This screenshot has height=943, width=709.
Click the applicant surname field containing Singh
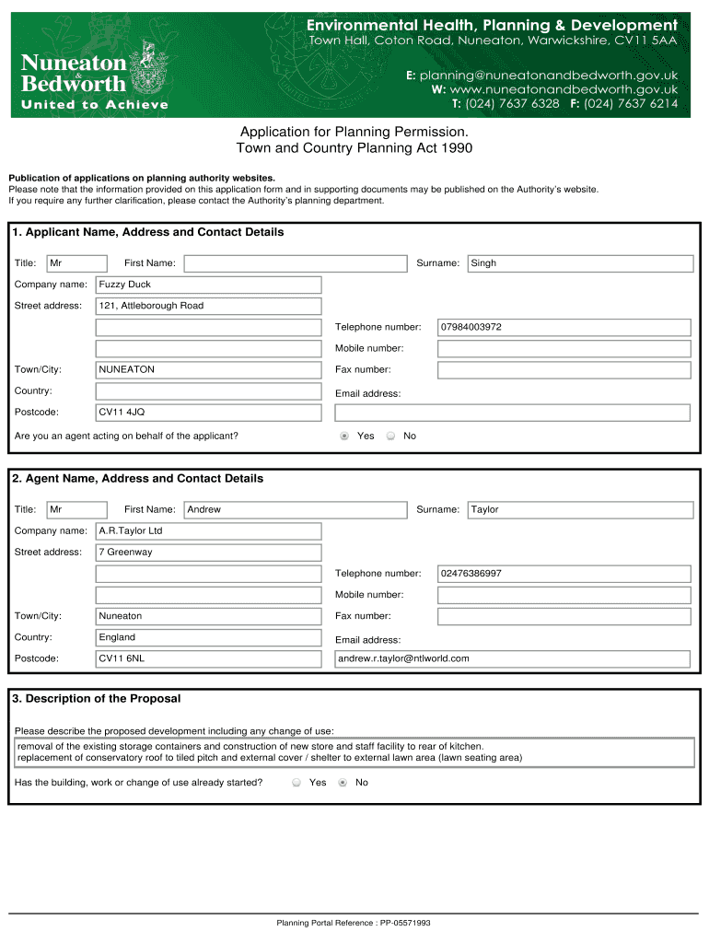(x=580, y=263)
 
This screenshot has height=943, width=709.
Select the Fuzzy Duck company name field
(x=209, y=285)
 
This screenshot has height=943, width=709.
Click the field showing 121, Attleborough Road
(x=209, y=306)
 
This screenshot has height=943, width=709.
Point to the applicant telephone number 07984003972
(x=564, y=327)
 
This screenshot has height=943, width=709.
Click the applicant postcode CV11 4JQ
(x=209, y=413)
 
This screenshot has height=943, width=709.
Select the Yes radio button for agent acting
(x=344, y=436)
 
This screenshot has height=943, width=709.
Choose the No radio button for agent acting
(x=390, y=436)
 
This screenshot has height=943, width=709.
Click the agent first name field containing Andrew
(x=295, y=509)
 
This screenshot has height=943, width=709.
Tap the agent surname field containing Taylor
(x=580, y=509)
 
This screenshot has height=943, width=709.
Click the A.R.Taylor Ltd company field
(x=209, y=531)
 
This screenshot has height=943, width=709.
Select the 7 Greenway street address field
(x=209, y=553)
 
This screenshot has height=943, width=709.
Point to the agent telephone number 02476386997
(x=564, y=574)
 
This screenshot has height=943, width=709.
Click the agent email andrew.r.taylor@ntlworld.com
(x=512, y=658)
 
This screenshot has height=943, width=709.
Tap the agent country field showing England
(x=209, y=637)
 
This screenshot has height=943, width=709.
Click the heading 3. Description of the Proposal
(x=97, y=699)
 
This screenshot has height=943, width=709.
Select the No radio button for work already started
(x=343, y=783)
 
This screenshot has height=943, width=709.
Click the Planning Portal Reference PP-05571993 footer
(x=354, y=923)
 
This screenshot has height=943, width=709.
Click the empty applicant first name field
(x=295, y=263)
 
